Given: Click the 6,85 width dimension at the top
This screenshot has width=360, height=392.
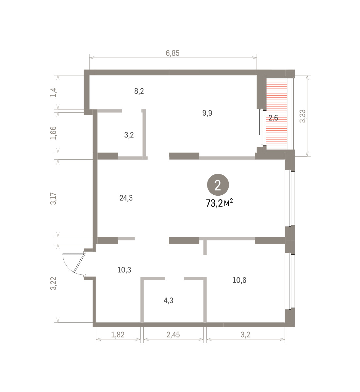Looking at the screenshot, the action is click(x=172, y=53).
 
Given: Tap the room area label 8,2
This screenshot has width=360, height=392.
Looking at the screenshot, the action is click(x=139, y=91).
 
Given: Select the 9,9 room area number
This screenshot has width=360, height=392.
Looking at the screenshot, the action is click(x=207, y=113).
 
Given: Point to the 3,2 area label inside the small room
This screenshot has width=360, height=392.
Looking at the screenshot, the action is click(x=129, y=135).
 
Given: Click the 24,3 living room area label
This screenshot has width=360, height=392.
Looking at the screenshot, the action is click(x=126, y=198).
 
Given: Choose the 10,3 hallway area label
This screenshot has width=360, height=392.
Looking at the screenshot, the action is click(x=124, y=270).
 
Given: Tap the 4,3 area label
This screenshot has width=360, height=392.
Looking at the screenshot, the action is click(x=168, y=301).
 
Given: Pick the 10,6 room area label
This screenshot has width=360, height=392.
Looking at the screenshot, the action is click(x=239, y=280).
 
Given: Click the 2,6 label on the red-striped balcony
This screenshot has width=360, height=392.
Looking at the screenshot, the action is click(x=273, y=118).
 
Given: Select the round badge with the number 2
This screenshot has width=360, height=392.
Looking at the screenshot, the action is click(x=218, y=185).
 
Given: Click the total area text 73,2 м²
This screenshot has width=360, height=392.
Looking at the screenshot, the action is click(x=219, y=203).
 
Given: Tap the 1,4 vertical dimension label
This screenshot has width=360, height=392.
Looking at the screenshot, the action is click(x=53, y=92).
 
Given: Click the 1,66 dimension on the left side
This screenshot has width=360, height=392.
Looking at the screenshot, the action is click(x=53, y=133).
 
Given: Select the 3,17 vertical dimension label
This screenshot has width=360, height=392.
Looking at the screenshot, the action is click(x=53, y=199).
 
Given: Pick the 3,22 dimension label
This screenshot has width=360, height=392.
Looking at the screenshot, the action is click(x=53, y=283).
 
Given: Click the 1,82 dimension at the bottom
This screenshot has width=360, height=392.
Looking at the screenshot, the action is click(x=118, y=335).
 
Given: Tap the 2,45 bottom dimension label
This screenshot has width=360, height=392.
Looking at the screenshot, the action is click(x=173, y=335).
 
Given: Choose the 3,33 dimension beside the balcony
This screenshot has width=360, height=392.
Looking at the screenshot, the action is click(x=303, y=116).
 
